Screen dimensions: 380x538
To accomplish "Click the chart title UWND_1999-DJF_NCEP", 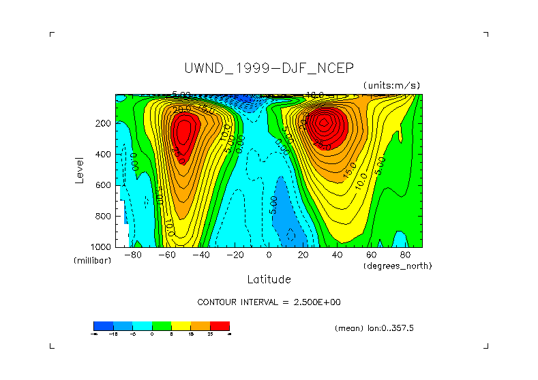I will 269,68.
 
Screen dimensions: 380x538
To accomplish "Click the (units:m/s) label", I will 391,85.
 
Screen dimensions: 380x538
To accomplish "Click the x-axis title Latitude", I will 269,279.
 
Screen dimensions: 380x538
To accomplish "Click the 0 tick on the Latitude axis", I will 269,255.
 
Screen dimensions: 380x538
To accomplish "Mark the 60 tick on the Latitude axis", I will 372,255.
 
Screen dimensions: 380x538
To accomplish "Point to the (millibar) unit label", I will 92,261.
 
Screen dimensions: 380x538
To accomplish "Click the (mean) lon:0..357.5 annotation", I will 374,328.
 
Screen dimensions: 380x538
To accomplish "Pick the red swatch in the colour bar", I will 220,326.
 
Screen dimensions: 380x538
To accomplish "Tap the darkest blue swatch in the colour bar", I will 103,326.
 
